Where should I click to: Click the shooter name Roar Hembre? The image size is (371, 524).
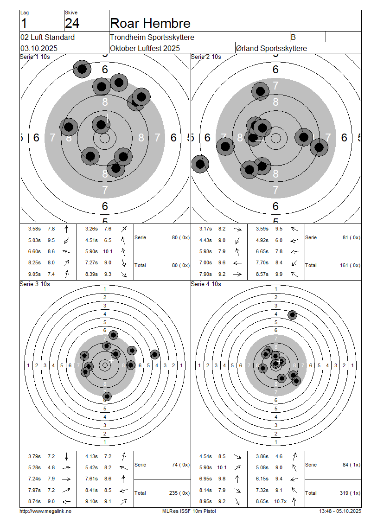tap(150, 23)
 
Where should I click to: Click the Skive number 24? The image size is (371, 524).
tap(72, 23)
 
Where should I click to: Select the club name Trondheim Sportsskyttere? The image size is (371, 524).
tap(152, 38)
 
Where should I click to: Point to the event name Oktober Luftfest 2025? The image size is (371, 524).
tap(145, 48)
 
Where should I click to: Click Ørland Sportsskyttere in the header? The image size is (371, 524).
tap(271, 48)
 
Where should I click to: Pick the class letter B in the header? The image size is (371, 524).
tap(293, 38)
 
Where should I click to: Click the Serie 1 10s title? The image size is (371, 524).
tap(35, 57)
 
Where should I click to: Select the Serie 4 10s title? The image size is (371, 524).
tap(206, 284)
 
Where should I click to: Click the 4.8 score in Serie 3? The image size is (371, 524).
tap(51, 467)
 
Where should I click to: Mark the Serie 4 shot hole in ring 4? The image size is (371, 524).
tap(292, 315)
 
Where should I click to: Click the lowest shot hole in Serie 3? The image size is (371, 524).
tap(107, 396)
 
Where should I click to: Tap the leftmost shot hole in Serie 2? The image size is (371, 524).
tap(200, 164)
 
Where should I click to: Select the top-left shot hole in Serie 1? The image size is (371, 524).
tap(82, 69)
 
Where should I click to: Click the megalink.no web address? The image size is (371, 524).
tap(45, 511)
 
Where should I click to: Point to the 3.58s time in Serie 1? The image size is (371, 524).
tap(34, 229)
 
